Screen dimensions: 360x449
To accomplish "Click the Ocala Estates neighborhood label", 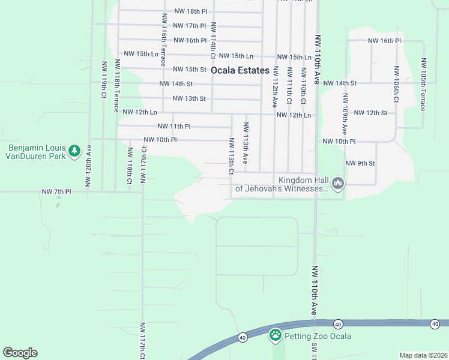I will click(240, 70).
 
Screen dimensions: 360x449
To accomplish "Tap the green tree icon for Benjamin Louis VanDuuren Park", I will click(74, 151).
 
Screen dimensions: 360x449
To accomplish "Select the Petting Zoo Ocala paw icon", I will click(276, 335).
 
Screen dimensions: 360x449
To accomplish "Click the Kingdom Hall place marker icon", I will click(338, 183).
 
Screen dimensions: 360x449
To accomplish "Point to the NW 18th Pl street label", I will click(190, 11).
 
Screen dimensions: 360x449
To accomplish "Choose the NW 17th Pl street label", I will click(189, 26).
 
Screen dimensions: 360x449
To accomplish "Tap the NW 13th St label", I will click(189, 98).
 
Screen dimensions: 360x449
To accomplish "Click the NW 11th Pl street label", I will click(174, 127).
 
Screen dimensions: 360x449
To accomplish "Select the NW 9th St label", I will click(360, 163).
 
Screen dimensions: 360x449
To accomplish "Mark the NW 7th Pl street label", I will click(56, 191).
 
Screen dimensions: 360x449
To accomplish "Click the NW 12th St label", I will click(370, 113).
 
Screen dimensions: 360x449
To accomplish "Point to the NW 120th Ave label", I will click(88, 166).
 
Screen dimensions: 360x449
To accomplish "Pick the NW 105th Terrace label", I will click(424, 85).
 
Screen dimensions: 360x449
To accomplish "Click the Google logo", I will click(20, 353).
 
